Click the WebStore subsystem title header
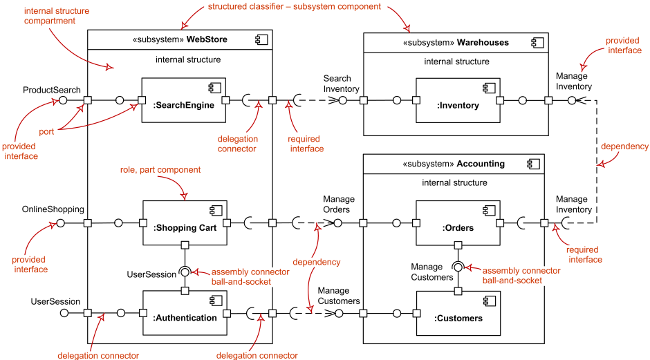point(180,40)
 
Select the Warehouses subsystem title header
point(456,42)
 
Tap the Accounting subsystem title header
point(456,164)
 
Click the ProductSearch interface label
point(52,90)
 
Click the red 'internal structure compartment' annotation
point(50,17)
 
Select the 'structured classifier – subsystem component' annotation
point(294,7)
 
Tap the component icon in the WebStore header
point(260,40)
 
